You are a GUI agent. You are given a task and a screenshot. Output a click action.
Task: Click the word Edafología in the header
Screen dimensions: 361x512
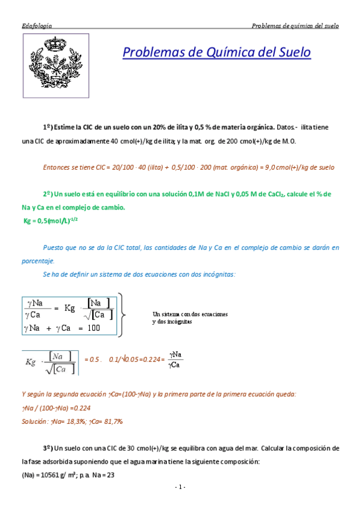[x=36, y=26]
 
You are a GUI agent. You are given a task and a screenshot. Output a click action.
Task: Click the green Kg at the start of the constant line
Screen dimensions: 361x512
[x=27, y=221]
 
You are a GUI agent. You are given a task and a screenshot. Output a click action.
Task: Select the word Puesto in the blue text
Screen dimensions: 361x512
[x=55, y=248]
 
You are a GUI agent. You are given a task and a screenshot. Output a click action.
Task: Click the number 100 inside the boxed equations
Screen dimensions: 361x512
[x=93, y=328]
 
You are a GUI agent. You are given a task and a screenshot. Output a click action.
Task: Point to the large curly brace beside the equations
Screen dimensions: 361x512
[x=122, y=315]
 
